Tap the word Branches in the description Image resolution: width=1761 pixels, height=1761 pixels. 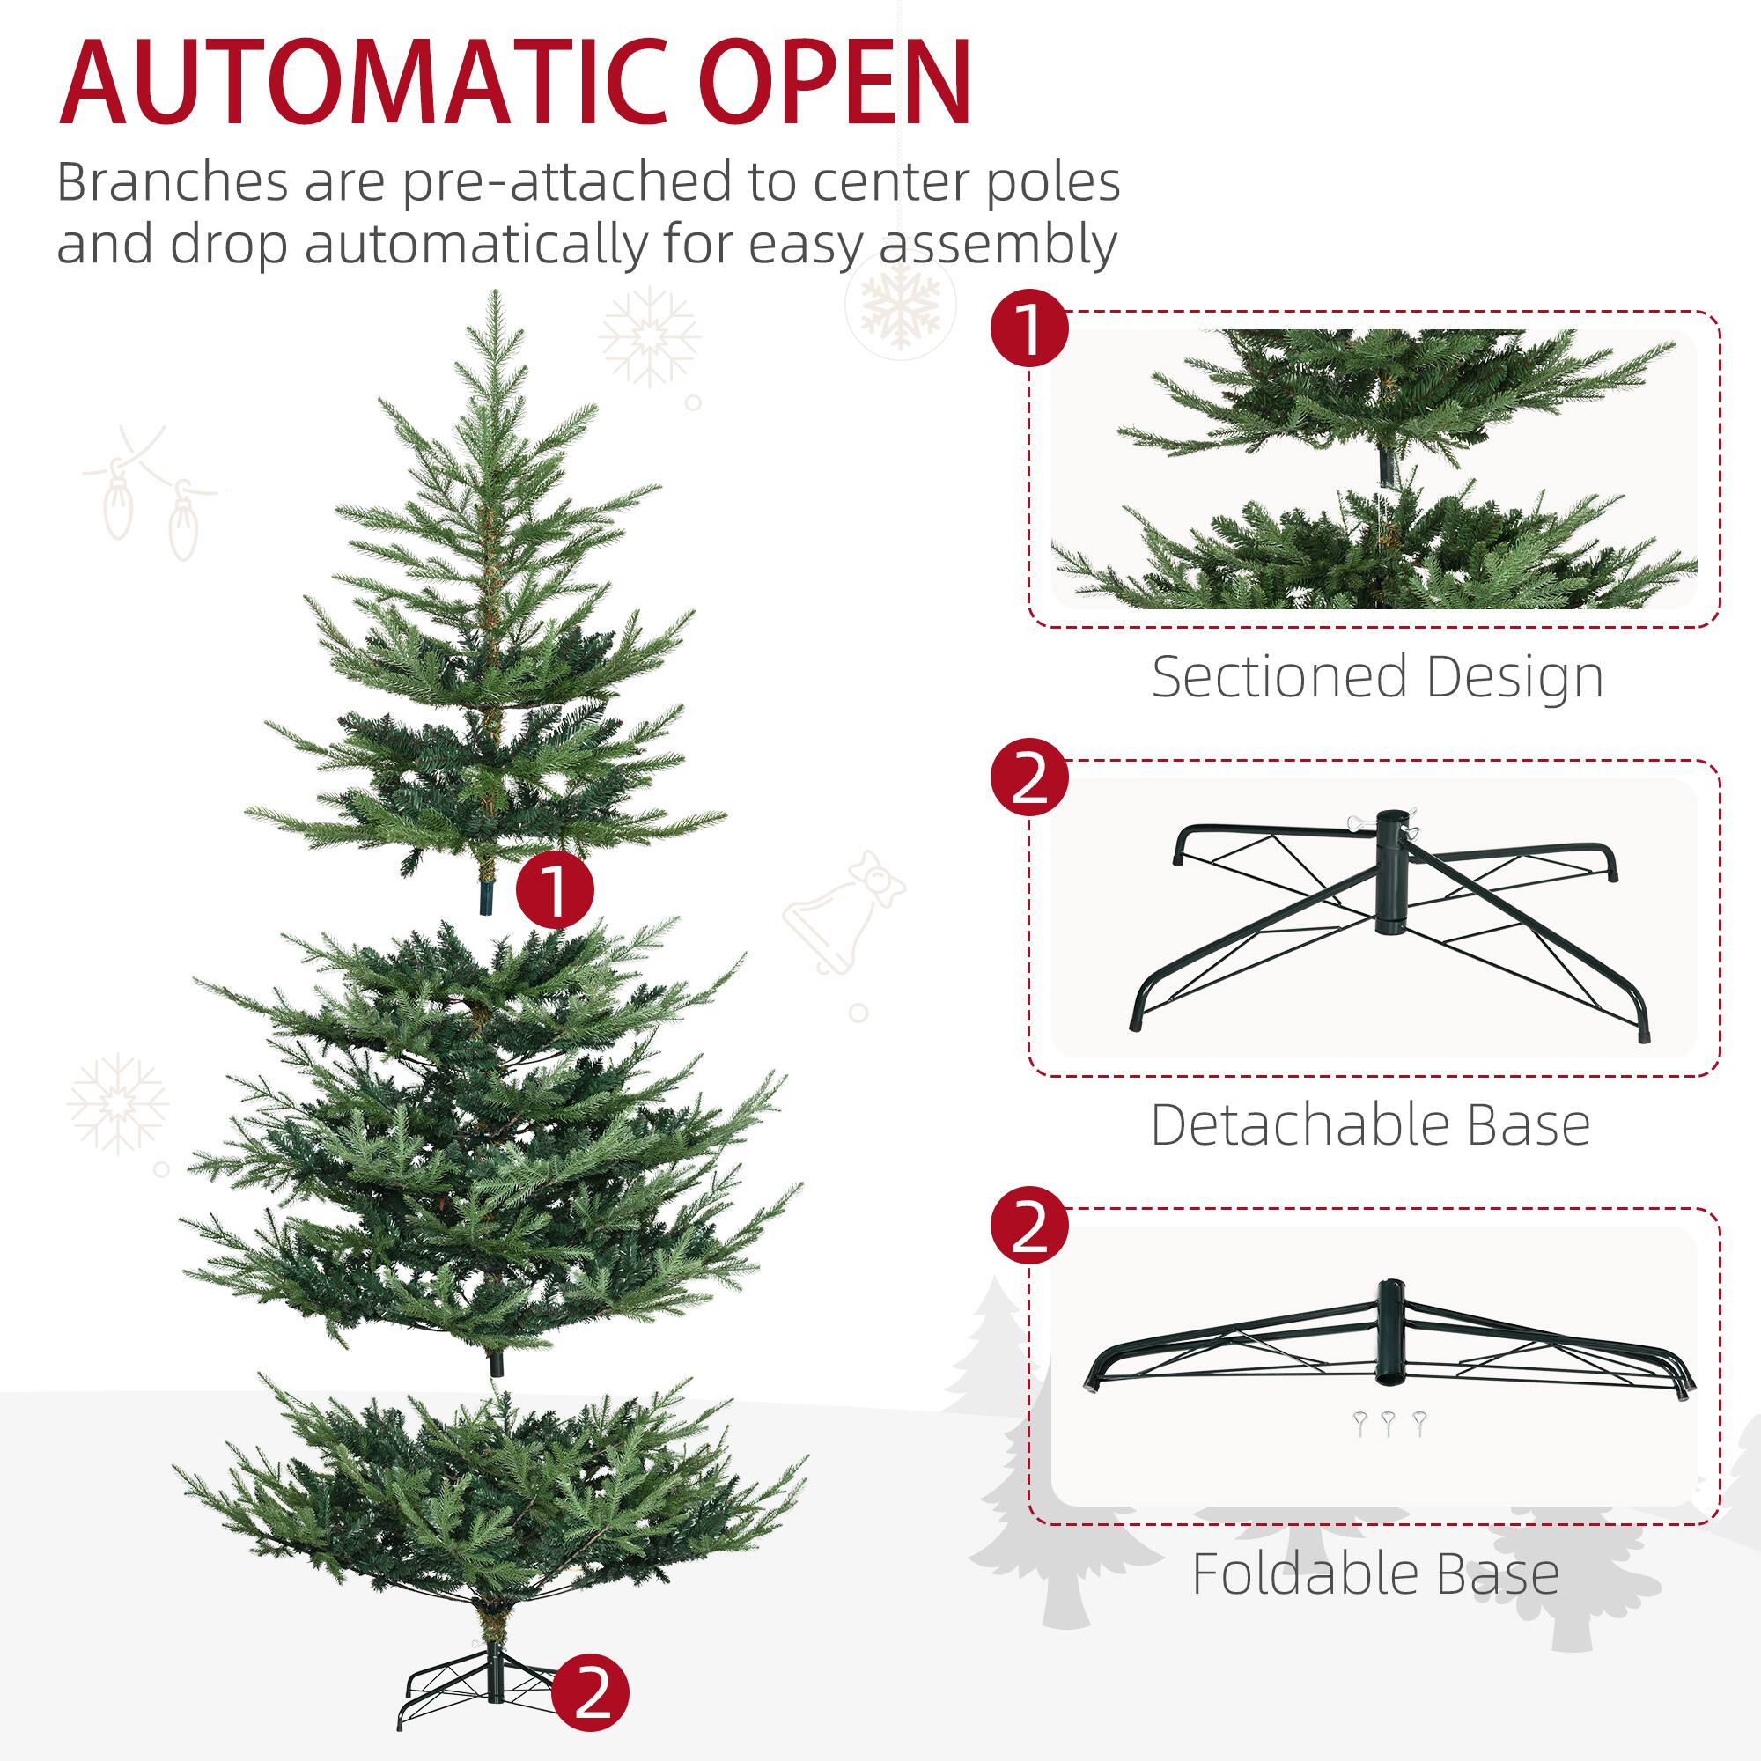[x=173, y=182]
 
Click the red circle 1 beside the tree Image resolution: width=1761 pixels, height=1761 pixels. [x=554, y=889]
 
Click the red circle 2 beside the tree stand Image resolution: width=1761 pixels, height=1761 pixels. [x=590, y=1693]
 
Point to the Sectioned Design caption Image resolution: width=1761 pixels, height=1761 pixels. [x=1376, y=677]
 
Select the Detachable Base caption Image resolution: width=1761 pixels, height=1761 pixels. [x=1370, y=1125]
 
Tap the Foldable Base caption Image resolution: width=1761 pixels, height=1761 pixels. [x=1374, y=1574]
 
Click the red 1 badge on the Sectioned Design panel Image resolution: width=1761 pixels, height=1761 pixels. [x=1029, y=330]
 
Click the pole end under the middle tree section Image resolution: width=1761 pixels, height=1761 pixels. [x=496, y=1364]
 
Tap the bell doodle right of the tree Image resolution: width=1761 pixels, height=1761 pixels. [x=843, y=911]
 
